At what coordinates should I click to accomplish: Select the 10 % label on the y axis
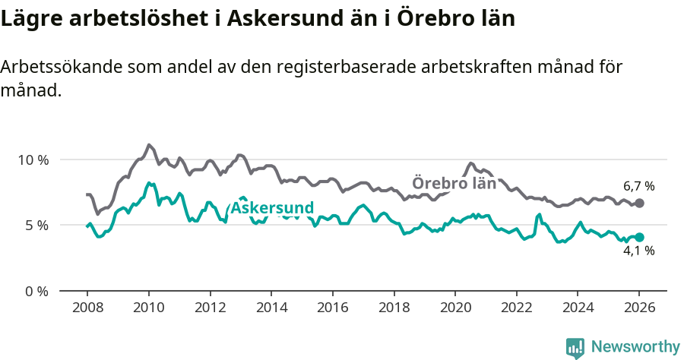[33, 160]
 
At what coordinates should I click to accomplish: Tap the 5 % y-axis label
[36, 226]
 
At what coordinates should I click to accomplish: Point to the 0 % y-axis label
[36, 291]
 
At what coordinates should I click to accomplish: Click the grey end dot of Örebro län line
[639, 204]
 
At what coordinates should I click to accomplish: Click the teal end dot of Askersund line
[639, 237]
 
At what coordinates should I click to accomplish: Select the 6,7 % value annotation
[638, 186]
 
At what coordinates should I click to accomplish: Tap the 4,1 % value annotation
[638, 251]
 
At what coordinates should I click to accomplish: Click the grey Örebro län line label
[454, 183]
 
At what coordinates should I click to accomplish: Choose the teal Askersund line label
[272, 208]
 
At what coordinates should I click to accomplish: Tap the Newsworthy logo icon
[575, 347]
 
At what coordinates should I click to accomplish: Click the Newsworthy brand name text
[635, 347]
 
